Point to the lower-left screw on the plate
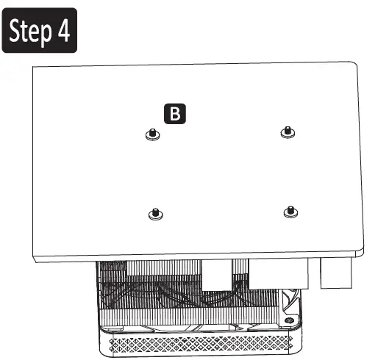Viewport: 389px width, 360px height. pos(154,214)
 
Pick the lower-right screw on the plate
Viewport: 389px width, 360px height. pos(288,212)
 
